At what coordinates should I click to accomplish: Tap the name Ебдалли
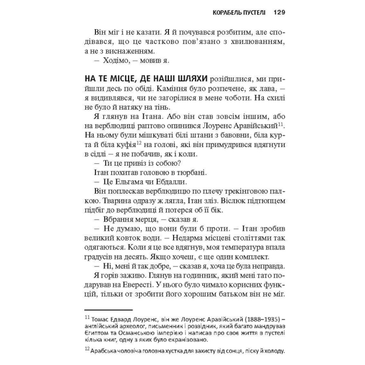pyautogui.click(x=168, y=182)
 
